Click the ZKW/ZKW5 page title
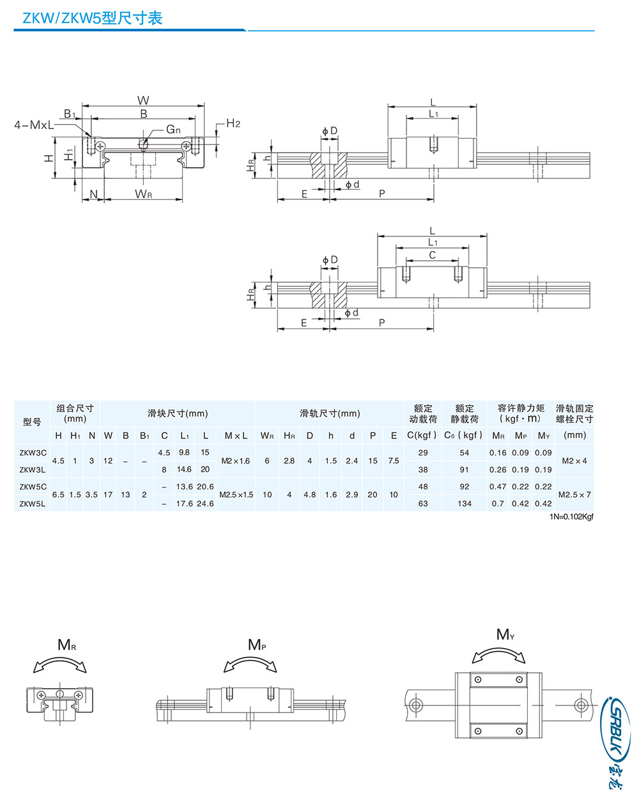click(x=92, y=18)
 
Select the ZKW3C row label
click(x=33, y=452)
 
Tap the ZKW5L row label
click(x=33, y=504)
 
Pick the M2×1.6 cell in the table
click(x=236, y=461)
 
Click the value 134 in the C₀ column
click(x=465, y=504)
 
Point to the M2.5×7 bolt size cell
click(x=574, y=495)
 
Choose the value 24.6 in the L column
click(x=205, y=504)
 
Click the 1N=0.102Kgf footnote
click(x=571, y=517)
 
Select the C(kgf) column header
click(x=422, y=435)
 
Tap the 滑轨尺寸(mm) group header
click(x=330, y=413)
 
